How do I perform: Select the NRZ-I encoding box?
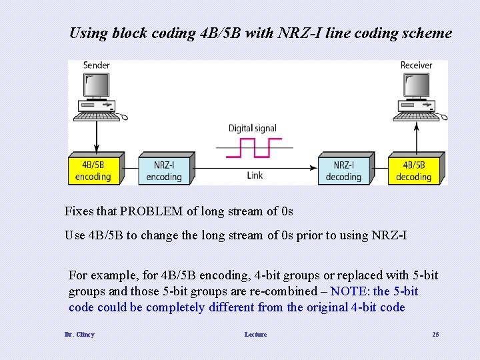pos(165,170)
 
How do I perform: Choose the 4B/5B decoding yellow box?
pos(413,170)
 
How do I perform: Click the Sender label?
pos(97,65)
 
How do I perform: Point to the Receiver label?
pos(416,65)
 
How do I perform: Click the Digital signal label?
pos(253,128)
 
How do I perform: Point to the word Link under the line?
pos(255,176)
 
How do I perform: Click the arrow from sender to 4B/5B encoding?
pos(97,137)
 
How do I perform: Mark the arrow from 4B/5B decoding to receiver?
pos(417,137)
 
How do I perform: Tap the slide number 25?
pos(435,334)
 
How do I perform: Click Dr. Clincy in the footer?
pos(79,334)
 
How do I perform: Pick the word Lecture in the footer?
pos(255,334)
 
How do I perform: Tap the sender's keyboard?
pos(97,116)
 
